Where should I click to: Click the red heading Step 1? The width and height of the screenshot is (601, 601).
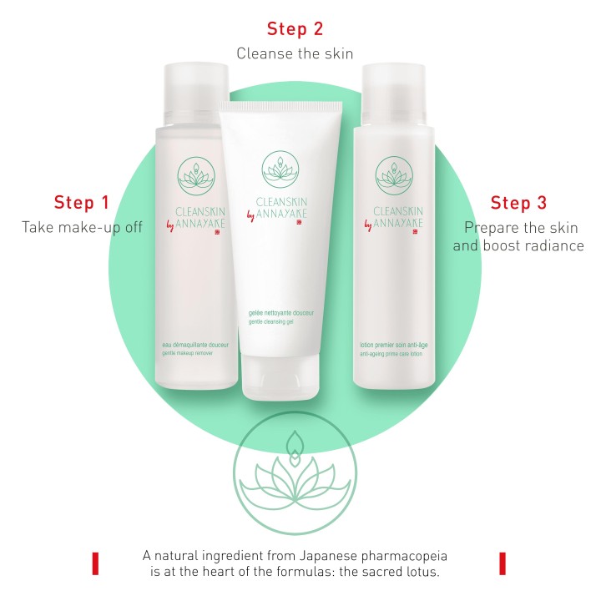tap(82, 202)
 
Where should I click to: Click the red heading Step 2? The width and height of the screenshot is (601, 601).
tap(295, 29)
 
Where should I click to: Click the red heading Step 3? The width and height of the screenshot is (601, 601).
tap(518, 203)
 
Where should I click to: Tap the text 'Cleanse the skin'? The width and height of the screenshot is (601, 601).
tap(295, 53)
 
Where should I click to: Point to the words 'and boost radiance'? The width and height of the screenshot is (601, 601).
tap(518, 245)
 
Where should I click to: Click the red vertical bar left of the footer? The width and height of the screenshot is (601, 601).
tap(96, 563)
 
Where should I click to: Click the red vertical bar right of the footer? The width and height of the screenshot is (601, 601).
tap(503, 563)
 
